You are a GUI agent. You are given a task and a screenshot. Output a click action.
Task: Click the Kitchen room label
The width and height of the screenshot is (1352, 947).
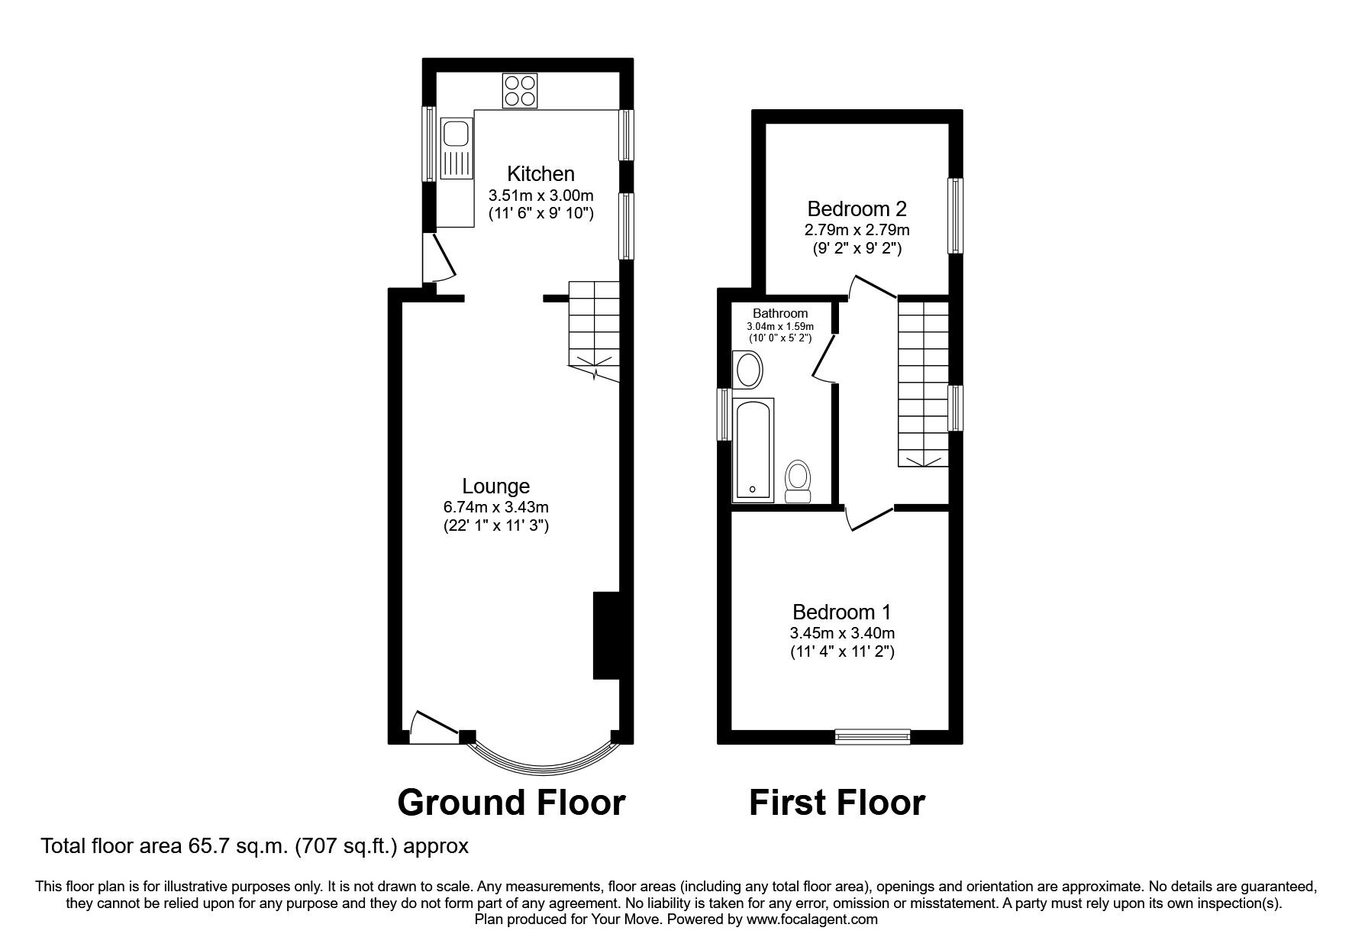pos(541,173)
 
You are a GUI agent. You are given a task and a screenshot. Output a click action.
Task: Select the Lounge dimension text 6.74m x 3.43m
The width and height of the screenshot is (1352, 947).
pos(496,506)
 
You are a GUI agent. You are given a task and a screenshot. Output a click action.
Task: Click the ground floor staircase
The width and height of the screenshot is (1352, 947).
pos(594,328)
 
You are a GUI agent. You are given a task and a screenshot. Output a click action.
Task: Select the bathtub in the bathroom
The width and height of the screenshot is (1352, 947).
pos(753,449)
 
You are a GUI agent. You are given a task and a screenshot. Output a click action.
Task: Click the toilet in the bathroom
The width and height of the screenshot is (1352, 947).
pos(799,481)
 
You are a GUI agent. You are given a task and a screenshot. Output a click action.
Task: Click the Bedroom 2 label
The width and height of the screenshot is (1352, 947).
pos(857,208)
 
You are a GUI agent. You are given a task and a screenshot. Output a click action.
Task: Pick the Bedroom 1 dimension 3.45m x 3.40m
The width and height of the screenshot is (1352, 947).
pos(842,632)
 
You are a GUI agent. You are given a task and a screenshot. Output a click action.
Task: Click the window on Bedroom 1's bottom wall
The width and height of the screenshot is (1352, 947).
pos(873,736)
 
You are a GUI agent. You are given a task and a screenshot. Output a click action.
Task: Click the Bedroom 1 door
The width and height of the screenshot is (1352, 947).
pos(869,518)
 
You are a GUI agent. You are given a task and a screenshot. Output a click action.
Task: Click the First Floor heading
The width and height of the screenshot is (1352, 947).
pos(837,803)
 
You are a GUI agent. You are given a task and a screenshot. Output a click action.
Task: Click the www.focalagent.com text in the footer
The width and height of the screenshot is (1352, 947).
pos(812,920)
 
